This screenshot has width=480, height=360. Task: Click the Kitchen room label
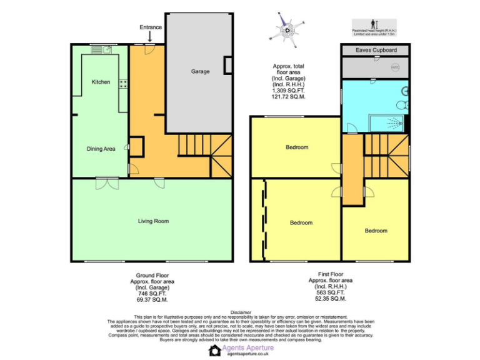coord(101,82)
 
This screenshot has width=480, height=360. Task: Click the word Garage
coord(200,72)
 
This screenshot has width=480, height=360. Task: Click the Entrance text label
coord(150,27)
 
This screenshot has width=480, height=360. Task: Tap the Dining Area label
coord(101,149)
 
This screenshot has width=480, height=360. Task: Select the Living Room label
coord(153,221)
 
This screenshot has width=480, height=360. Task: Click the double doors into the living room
coord(106,183)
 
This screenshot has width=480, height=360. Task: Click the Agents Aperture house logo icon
coord(214,351)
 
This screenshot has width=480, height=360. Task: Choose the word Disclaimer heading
coord(240,312)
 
